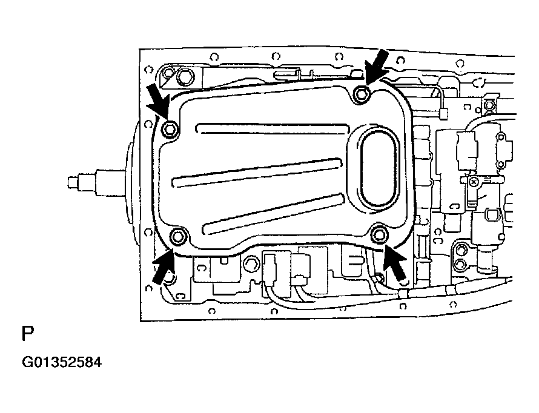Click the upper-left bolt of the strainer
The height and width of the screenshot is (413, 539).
click(170, 128)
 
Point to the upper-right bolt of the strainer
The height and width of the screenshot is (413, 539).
click(362, 93)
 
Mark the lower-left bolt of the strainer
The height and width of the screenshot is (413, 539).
click(179, 236)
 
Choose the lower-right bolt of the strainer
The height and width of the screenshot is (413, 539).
click(380, 234)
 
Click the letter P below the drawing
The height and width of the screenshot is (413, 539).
click(28, 334)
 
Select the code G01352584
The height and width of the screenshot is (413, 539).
click(62, 363)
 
